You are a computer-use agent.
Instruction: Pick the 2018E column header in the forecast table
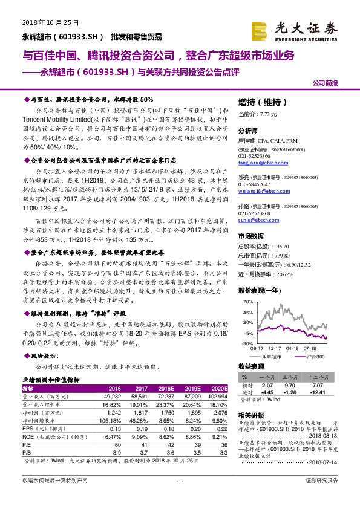[165, 388]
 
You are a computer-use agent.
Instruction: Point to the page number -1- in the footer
[179, 497]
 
